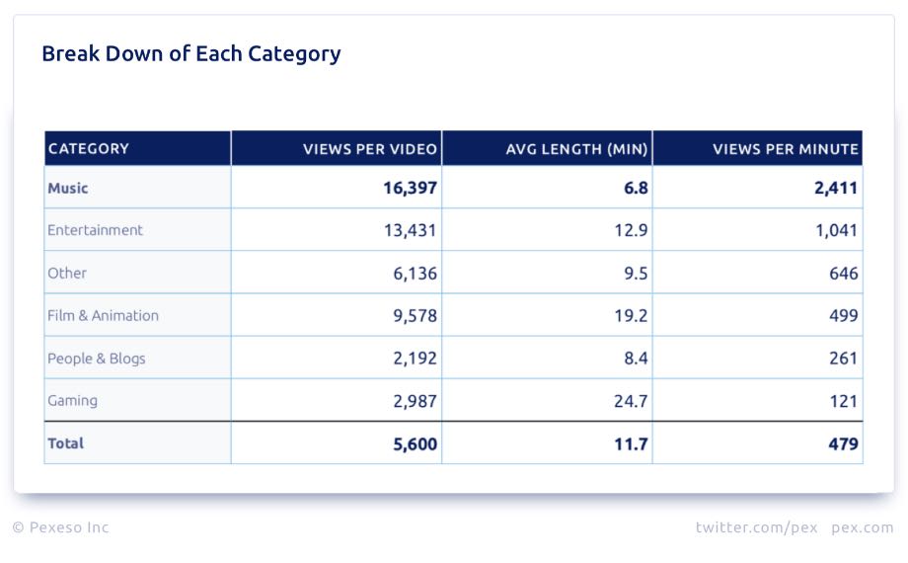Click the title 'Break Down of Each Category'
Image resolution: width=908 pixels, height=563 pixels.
(x=190, y=53)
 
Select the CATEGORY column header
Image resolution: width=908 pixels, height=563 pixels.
(x=89, y=149)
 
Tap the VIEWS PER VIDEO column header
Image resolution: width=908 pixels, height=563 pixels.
(x=369, y=149)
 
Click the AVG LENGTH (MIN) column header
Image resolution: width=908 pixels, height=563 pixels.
(x=576, y=149)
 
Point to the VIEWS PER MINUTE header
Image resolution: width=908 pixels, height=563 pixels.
(x=785, y=149)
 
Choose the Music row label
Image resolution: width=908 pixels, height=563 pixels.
(x=68, y=188)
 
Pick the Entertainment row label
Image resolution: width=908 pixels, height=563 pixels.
(x=95, y=230)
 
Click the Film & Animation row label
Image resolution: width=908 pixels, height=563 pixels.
(x=103, y=316)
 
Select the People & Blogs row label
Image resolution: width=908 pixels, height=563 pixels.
(x=96, y=359)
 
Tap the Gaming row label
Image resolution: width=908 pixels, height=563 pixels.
(x=72, y=401)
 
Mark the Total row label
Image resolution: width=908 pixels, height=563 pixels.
(x=65, y=443)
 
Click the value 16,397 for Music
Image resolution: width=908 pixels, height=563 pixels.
(x=410, y=188)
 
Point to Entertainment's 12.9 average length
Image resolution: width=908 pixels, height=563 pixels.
(x=630, y=230)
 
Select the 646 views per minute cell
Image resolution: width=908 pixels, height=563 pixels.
(x=843, y=274)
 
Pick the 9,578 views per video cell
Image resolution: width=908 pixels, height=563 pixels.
(x=415, y=316)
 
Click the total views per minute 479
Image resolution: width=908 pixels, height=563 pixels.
(x=843, y=444)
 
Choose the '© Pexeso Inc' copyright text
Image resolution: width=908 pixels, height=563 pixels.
(x=60, y=527)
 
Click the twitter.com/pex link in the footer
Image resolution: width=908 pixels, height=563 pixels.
(x=756, y=527)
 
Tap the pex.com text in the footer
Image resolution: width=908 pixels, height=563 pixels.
(x=862, y=527)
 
